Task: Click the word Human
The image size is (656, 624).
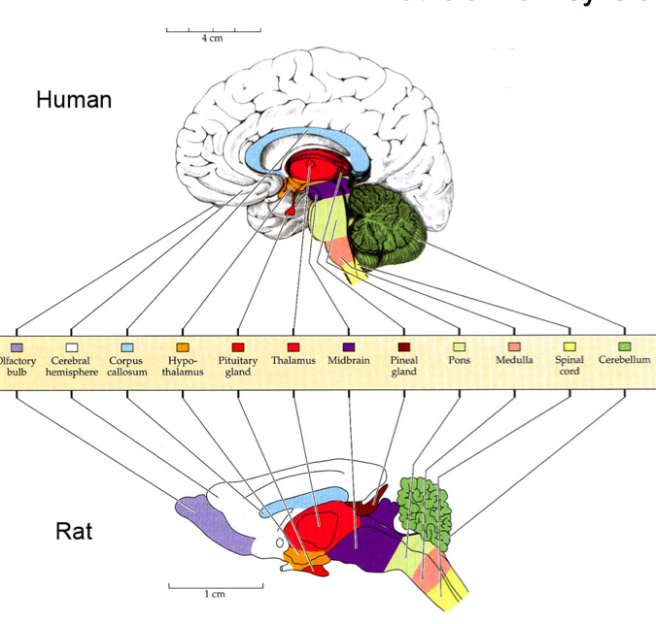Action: (74, 99)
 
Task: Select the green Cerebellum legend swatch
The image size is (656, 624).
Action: (624, 345)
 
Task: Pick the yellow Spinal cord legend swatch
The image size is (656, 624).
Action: (570, 345)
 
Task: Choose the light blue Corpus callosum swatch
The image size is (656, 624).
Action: (126, 345)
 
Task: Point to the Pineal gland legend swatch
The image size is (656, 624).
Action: (404, 345)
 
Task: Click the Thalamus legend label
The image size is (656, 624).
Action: (293, 359)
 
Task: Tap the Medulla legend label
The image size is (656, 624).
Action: (514, 359)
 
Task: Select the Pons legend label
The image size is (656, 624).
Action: (459, 359)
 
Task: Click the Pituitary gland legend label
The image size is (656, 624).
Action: (238, 365)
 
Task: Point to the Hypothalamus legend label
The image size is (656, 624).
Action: (182, 365)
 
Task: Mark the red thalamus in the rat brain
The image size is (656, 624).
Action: (326, 529)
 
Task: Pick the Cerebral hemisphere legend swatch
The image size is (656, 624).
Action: (70, 345)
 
